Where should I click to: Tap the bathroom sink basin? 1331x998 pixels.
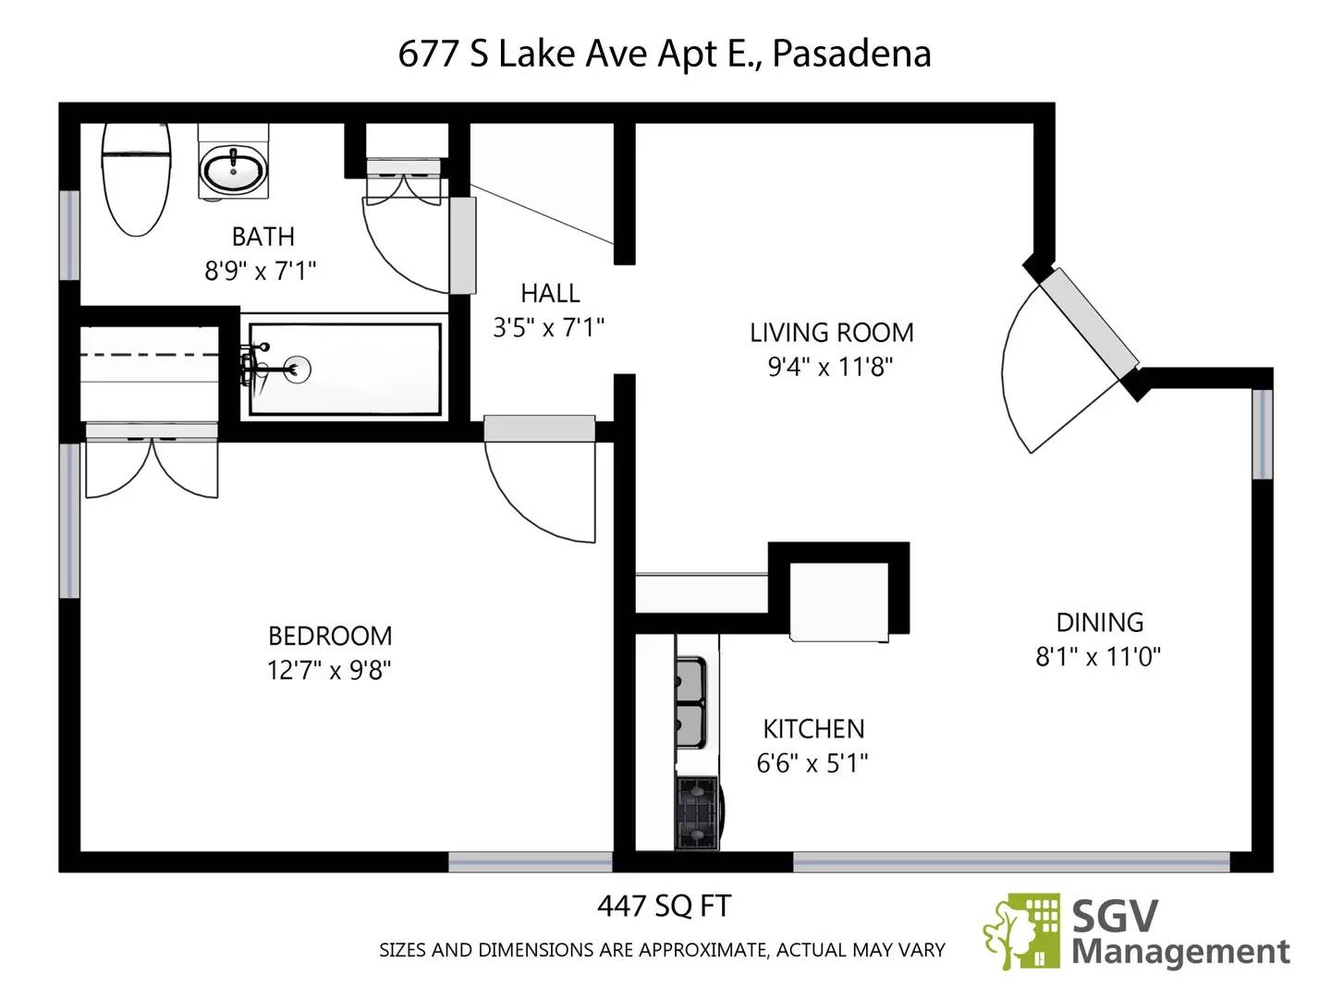click(233, 170)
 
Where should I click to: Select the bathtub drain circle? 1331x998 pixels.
click(298, 370)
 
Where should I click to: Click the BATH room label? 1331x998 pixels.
click(263, 237)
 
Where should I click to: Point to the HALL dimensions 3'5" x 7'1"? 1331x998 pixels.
click(549, 327)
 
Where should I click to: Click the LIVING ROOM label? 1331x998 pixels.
click(831, 333)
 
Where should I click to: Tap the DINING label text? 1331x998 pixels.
click(1099, 622)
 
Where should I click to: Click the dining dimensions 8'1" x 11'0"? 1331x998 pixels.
click(1098, 657)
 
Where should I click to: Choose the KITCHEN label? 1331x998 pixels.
click(813, 729)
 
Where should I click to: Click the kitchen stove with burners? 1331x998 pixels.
click(697, 813)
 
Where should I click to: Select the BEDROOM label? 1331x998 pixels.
click(330, 636)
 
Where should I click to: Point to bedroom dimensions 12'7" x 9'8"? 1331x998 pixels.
click(329, 670)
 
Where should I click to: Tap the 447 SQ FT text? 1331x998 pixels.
click(664, 907)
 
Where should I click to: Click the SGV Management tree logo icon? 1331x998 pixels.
click(1021, 931)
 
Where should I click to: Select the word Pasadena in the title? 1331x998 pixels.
click(851, 54)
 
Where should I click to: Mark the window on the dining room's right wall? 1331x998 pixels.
click(1263, 434)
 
